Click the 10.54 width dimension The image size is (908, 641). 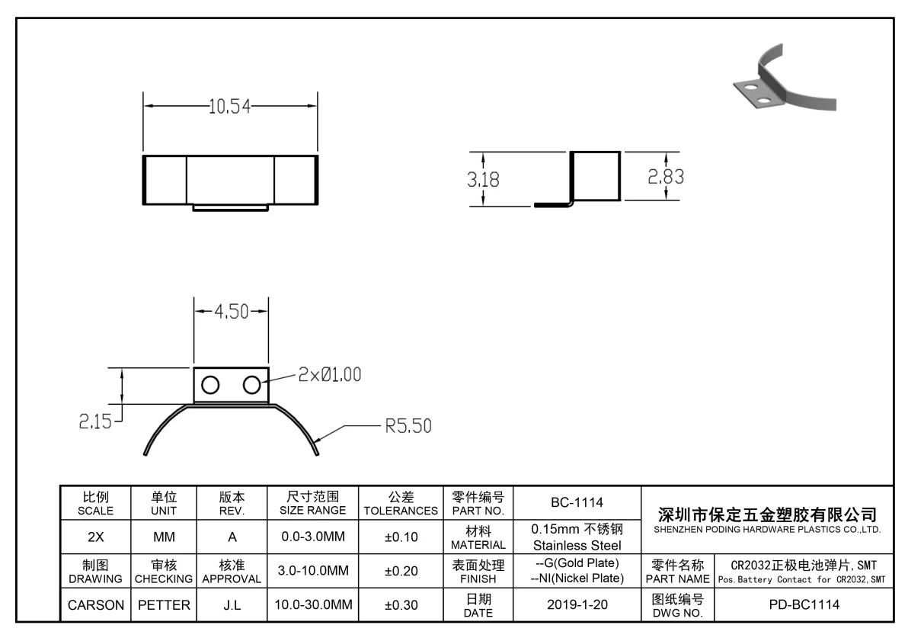[x=230, y=107]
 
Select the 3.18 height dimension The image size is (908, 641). [x=484, y=180]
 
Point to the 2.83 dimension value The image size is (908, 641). [x=666, y=177]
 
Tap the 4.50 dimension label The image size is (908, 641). [x=231, y=312]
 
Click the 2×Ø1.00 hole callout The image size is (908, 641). [x=330, y=375]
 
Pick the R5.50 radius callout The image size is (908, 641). [x=408, y=426]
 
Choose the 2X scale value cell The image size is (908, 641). [x=96, y=537]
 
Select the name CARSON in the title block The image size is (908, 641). [x=96, y=606]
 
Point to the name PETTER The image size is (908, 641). [x=164, y=606]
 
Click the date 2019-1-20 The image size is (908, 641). [x=577, y=606]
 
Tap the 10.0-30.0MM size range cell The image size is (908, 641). [x=313, y=606]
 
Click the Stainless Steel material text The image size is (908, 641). [x=577, y=545]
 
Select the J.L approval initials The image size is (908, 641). [x=232, y=606]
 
